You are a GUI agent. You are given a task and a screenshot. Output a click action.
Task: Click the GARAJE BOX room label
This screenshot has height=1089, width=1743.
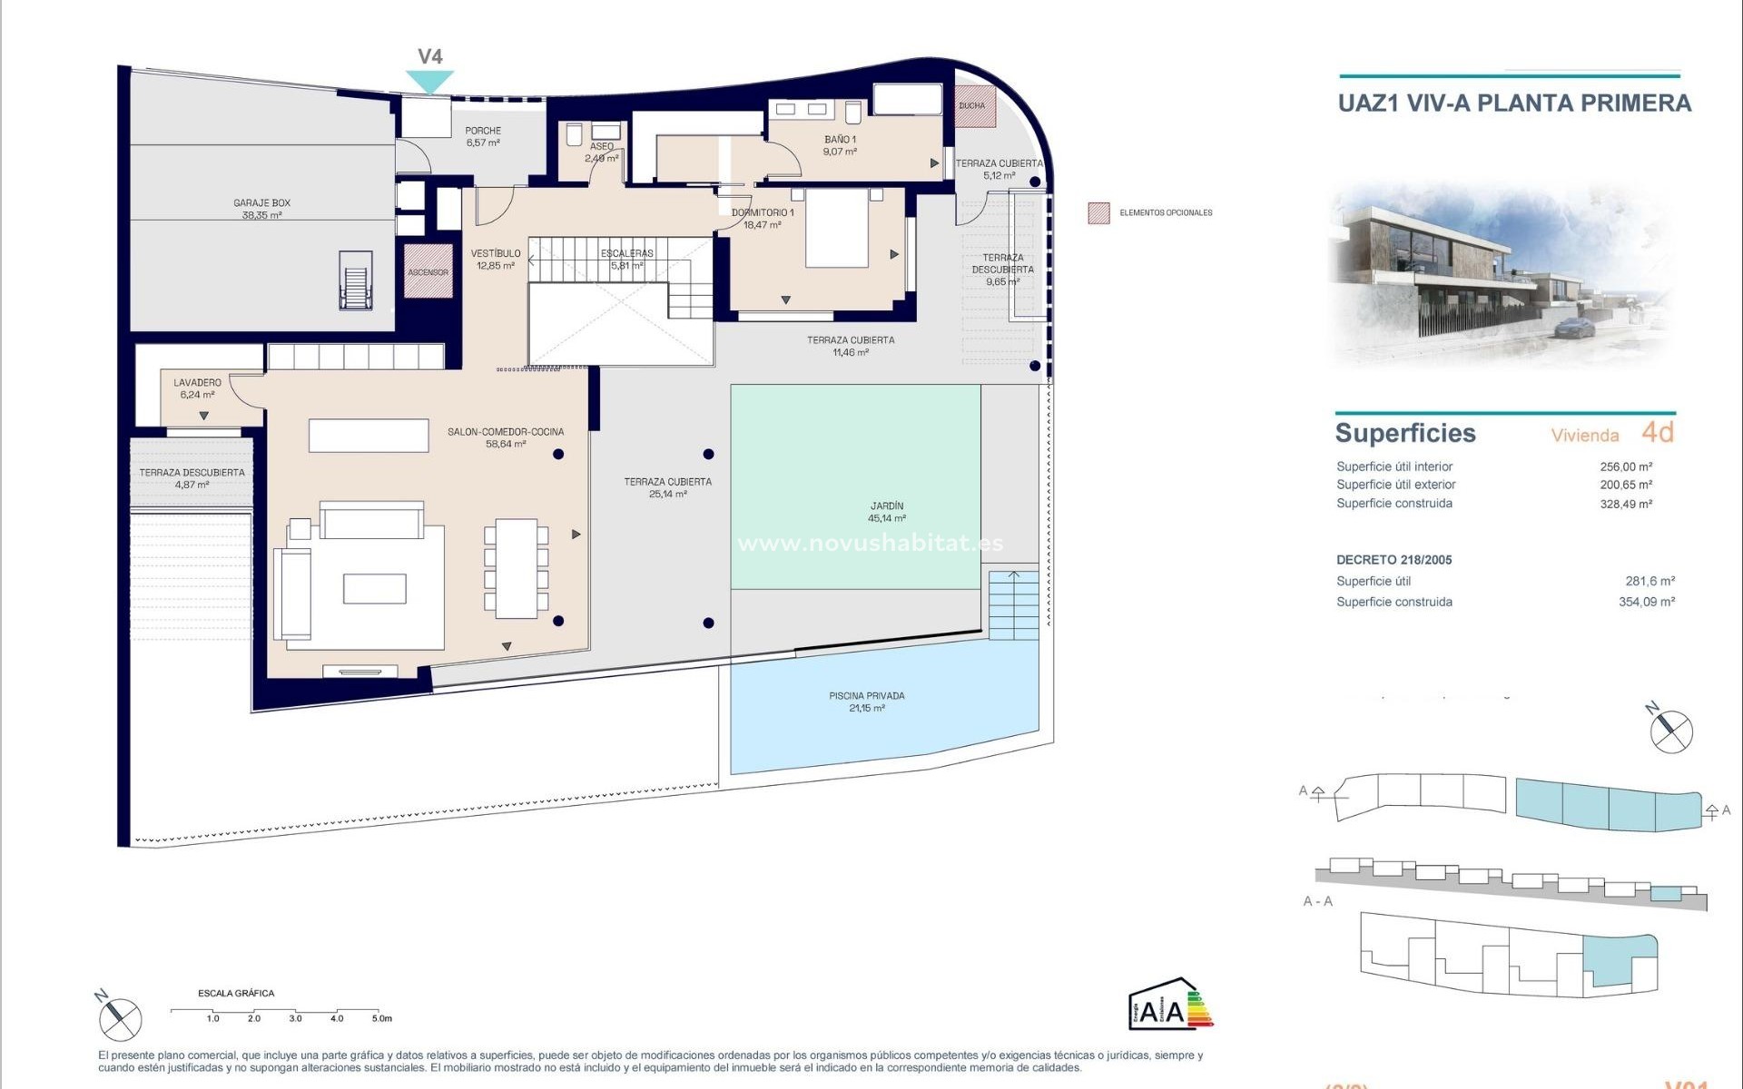[x=261, y=209]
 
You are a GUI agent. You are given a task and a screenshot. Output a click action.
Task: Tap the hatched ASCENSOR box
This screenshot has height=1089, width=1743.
[x=428, y=271]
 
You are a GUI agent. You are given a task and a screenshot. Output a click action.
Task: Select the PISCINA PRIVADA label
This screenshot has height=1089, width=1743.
[x=866, y=701]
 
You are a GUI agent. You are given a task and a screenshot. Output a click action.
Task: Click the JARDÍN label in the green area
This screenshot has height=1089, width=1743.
[x=886, y=512]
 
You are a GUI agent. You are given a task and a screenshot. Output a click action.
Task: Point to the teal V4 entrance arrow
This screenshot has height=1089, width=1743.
[x=429, y=82]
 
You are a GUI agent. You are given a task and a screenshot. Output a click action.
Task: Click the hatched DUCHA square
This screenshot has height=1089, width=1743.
[x=974, y=106]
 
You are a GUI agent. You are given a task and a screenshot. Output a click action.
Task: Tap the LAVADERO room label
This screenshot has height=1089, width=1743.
[x=197, y=388]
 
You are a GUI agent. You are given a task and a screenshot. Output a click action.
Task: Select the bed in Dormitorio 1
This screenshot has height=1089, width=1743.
[x=836, y=228]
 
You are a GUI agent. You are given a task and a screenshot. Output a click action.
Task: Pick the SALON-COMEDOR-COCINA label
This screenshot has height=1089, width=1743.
[x=506, y=437]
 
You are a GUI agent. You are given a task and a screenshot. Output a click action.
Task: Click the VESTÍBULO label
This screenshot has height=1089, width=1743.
[x=496, y=260]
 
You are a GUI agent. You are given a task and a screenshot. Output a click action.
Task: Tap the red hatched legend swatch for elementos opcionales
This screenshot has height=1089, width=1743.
[x=1098, y=213]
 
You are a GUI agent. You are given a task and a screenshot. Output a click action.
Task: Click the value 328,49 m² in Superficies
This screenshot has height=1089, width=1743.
[x=1625, y=504]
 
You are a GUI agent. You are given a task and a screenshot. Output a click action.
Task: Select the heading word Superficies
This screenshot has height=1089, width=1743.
[x=1404, y=434]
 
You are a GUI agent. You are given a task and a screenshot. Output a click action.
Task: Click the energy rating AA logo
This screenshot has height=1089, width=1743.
[x=1169, y=1006]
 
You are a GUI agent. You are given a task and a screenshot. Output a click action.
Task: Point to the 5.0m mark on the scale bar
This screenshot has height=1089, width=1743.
[x=380, y=1018]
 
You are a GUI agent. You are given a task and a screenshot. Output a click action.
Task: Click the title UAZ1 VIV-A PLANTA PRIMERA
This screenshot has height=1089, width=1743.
[x=1514, y=103]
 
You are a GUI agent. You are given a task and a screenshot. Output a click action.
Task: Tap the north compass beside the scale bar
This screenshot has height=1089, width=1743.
[x=120, y=1017]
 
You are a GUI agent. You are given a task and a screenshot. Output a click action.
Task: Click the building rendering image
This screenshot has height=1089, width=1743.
[x=1502, y=272]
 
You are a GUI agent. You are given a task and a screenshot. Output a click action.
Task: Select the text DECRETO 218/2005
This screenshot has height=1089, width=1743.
[x=1393, y=560]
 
